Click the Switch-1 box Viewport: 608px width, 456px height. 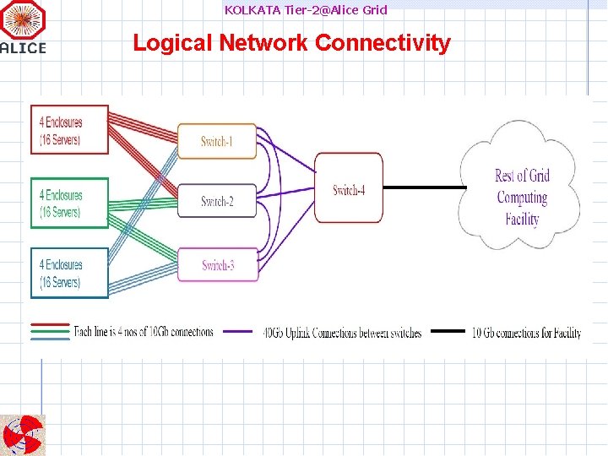[217, 141]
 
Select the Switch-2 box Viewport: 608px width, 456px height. [217, 201]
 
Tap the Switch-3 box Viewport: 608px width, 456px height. [218, 266]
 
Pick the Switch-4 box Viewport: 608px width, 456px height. [348, 188]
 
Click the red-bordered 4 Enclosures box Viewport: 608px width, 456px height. [69, 130]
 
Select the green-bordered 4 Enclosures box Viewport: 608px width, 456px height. [69, 203]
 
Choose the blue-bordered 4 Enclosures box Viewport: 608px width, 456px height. [69, 273]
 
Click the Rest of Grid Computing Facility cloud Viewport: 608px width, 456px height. [522, 186]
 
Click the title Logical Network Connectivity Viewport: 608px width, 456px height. [291, 43]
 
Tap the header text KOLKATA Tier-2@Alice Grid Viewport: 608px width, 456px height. [306, 10]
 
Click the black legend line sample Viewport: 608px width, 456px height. [448, 332]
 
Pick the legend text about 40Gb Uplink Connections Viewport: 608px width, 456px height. [342, 333]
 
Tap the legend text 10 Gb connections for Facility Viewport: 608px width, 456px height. [526, 333]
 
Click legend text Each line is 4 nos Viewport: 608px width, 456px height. [144, 332]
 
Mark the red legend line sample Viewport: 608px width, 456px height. [50, 324]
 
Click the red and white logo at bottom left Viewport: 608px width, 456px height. [23, 435]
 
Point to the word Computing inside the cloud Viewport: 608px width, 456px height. [522, 198]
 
